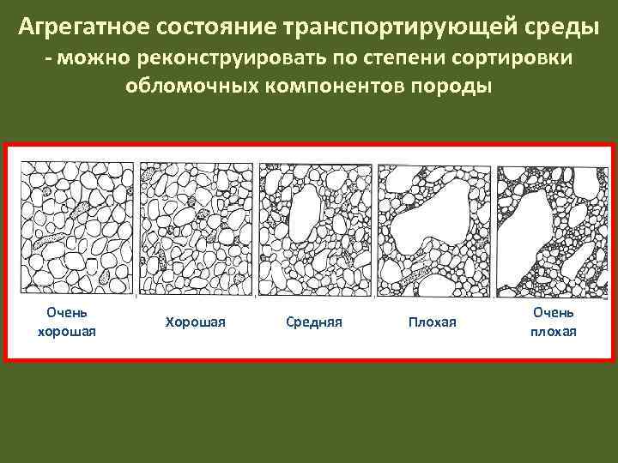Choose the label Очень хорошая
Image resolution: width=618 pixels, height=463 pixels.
[x=67, y=322]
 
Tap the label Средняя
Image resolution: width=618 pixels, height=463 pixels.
[x=313, y=322]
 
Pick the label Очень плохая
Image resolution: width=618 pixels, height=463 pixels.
[x=553, y=322]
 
